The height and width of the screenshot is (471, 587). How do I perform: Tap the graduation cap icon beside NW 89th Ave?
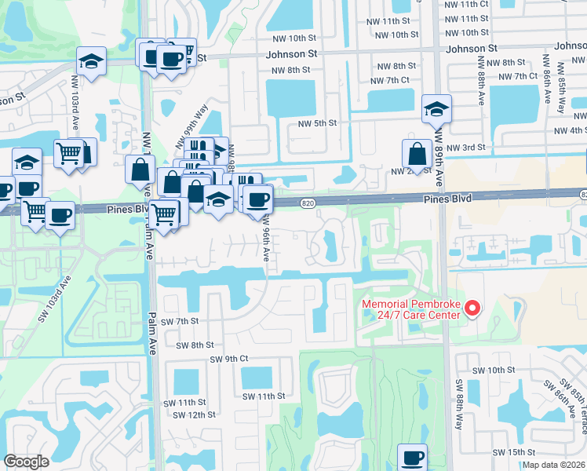pos(436,110)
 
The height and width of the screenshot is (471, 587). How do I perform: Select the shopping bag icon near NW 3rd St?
pos(416,153)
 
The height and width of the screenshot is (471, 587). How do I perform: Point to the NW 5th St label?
pos(317,123)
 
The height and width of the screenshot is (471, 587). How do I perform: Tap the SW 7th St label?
pos(180,322)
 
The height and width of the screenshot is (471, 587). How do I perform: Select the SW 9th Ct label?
pos(229,359)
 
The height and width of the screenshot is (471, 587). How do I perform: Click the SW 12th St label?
pos(196,414)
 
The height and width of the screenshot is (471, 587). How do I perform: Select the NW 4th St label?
pos(570,130)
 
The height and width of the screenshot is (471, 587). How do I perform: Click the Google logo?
pos(26,461)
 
